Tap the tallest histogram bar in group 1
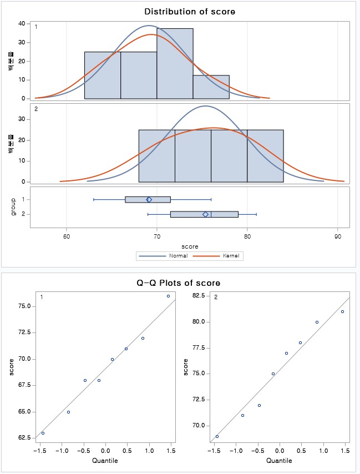click(175, 63)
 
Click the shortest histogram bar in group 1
click(211, 87)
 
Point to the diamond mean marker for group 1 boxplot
click(149, 200)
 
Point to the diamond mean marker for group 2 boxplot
click(205, 214)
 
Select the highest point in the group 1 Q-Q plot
click(169, 296)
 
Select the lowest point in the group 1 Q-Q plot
click(43, 433)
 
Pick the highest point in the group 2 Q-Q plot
click(343, 311)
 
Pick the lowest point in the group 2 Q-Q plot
click(217, 436)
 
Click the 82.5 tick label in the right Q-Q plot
click(199, 295)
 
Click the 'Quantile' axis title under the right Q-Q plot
click(280, 460)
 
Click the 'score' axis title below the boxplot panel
click(190, 245)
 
